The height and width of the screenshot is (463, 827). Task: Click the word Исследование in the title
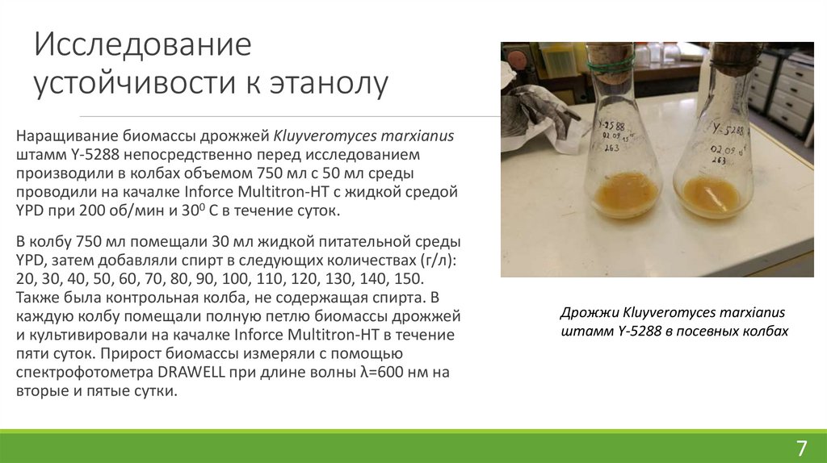(x=142, y=45)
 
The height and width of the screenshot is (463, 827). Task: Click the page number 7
(x=801, y=448)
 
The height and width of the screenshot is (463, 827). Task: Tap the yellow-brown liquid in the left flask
(x=625, y=194)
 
